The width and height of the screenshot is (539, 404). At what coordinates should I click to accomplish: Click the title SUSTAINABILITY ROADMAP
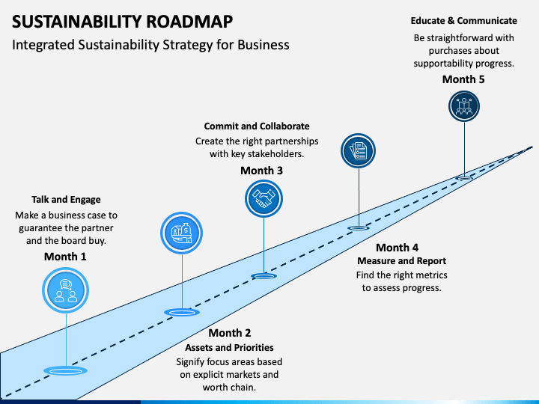click(122, 21)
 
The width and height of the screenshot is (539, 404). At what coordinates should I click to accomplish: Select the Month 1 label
click(65, 257)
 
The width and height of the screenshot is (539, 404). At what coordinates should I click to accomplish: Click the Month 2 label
click(230, 333)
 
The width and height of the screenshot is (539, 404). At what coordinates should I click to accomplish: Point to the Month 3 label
click(261, 171)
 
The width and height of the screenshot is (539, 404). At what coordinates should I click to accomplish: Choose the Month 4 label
click(397, 248)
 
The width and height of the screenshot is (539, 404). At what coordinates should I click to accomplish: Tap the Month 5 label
click(463, 79)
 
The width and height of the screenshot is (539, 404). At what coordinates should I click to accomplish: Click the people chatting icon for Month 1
click(66, 290)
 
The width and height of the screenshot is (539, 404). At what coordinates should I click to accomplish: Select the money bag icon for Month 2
click(181, 233)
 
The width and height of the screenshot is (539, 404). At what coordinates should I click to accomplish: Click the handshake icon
click(264, 199)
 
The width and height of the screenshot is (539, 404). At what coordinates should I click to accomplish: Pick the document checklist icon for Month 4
click(358, 151)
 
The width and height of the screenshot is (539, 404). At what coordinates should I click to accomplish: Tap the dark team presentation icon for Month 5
click(464, 106)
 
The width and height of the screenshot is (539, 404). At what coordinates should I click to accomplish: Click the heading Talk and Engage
click(66, 200)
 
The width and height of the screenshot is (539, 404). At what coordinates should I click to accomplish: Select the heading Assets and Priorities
click(229, 348)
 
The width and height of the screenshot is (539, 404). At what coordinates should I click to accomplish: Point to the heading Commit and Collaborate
click(257, 126)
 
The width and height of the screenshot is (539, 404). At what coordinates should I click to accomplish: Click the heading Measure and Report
click(401, 261)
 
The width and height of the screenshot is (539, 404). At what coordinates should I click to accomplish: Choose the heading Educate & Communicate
click(463, 21)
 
